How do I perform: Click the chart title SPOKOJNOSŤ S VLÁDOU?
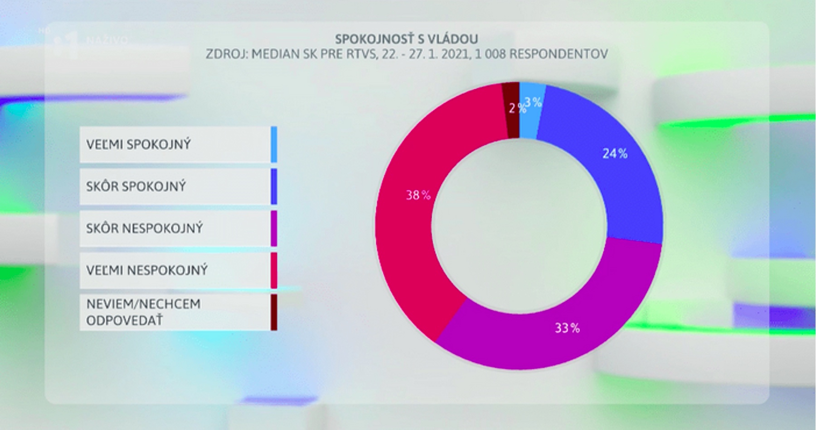pyautogui.click(x=406, y=39)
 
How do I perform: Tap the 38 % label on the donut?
pyautogui.click(x=418, y=195)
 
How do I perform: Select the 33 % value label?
pyautogui.click(x=567, y=328)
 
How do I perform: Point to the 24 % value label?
pyautogui.click(x=615, y=154)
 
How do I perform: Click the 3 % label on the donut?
pyautogui.click(x=534, y=102)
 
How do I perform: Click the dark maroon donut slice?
pyautogui.click(x=512, y=122)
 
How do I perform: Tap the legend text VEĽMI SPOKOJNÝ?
pyautogui.click(x=138, y=145)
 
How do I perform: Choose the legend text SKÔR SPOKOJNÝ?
pyautogui.click(x=136, y=186)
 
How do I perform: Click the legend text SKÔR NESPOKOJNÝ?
pyautogui.click(x=144, y=229)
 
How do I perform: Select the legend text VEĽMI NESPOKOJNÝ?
pyautogui.click(x=147, y=271)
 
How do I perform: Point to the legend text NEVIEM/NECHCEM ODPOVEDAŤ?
pyautogui.click(x=143, y=312)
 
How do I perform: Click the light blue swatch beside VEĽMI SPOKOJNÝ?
pyautogui.click(x=274, y=145)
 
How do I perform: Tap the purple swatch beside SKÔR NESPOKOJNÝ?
pyautogui.click(x=274, y=229)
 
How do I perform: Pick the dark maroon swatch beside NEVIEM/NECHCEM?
pyautogui.click(x=274, y=312)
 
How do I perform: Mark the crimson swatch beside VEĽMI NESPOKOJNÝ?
pyautogui.click(x=274, y=271)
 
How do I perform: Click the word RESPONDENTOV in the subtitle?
pyautogui.click(x=558, y=54)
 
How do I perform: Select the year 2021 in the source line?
pyautogui.click(x=455, y=54)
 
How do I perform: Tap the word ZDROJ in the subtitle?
pyautogui.click(x=225, y=54)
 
